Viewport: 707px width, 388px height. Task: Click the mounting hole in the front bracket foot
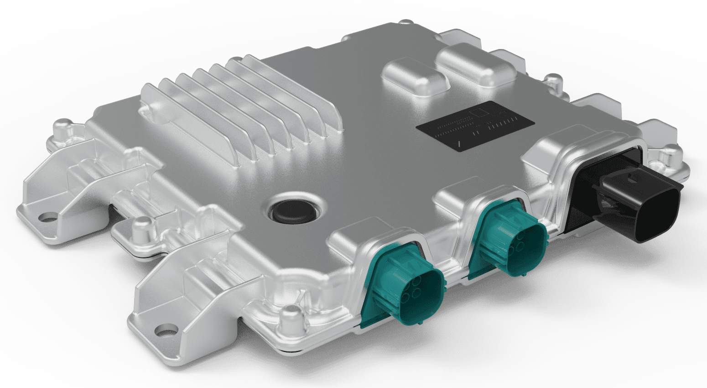(166, 330)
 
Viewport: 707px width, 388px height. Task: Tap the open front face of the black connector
(661, 215)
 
